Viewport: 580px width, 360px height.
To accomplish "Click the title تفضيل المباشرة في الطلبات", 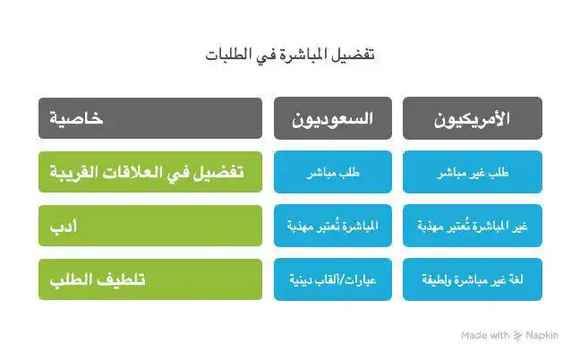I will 289,55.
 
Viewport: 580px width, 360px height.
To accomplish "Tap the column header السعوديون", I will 333,118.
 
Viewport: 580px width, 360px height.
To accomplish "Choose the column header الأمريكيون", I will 472,118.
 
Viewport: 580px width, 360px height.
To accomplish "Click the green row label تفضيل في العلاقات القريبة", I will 149,172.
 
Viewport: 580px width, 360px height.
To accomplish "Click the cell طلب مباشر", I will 333,172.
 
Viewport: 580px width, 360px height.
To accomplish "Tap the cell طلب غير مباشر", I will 472,172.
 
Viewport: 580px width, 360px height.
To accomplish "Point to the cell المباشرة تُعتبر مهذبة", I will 333,226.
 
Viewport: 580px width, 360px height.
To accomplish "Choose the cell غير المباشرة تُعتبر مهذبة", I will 472,226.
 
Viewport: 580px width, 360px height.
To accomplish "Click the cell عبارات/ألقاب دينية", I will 333,279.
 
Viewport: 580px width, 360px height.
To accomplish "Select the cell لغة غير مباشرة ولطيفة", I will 472,279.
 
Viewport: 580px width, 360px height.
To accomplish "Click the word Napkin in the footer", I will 542,335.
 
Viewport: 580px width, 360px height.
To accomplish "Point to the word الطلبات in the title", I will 227,55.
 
